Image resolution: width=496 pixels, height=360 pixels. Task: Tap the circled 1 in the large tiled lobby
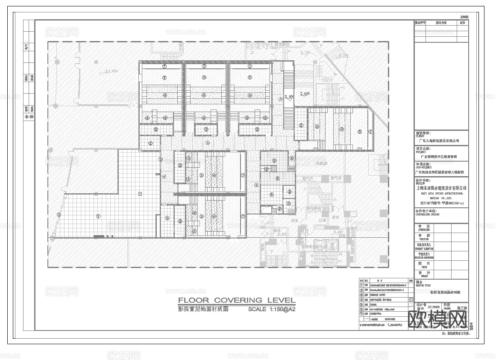click(98, 216)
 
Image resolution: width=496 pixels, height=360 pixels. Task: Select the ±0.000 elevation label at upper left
click(112, 71)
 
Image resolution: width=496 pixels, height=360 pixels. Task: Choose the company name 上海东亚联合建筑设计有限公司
click(441, 188)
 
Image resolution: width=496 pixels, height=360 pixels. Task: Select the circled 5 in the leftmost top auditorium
click(164, 77)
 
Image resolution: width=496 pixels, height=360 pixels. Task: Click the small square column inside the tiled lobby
click(139, 195)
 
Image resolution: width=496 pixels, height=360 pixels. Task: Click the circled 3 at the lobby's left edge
click(59, 215)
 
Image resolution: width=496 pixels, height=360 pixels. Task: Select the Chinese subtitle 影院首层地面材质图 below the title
click(203, 310)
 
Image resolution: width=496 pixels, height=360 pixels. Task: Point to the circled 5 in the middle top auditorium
click(204, 77)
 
